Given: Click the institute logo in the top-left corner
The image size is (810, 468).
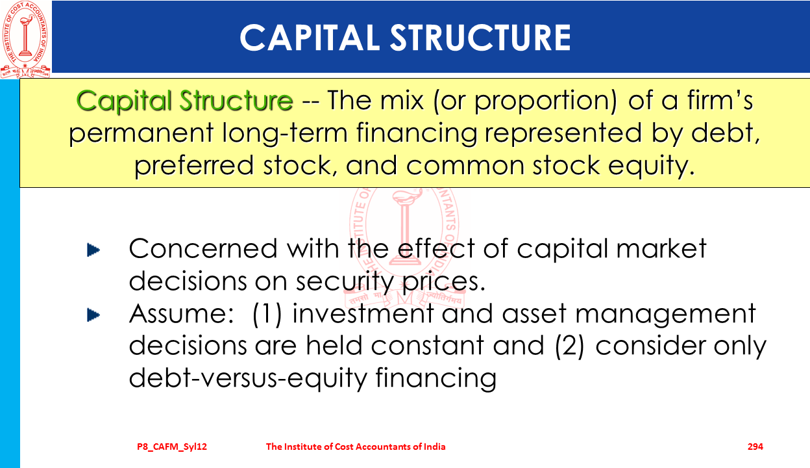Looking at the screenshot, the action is click(25, 39).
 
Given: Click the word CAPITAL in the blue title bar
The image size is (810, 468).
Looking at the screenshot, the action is click(310, 38).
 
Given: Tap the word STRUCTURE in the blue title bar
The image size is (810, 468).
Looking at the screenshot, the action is click(480, 38).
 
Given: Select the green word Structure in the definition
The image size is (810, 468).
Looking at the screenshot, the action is click(236, 100).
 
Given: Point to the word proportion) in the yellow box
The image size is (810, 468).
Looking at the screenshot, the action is click(545, 100).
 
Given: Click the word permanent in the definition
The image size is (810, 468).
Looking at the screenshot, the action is click(141, 133).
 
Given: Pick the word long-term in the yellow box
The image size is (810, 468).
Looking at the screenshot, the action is click(285, 133).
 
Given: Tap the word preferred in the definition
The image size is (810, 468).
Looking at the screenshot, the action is click(194, 166).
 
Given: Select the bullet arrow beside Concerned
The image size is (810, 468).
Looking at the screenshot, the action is click(93, 250).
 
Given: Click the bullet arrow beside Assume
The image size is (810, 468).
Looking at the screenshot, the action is click(93, 315).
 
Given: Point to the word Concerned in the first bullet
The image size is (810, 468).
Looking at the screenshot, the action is click(203, 248).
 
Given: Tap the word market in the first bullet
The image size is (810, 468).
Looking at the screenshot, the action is click(661, 248).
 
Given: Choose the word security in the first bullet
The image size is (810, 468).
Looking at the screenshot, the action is click(345, 282).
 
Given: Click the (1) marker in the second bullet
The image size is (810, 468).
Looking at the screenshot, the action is click(267, 314).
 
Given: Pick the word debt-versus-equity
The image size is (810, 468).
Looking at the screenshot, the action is click(248, 378).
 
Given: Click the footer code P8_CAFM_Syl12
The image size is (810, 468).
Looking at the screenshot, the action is click(172, 447).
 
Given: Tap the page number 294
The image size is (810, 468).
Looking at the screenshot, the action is click(755, 447).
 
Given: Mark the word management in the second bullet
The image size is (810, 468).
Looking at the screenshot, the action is click(665, 315).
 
